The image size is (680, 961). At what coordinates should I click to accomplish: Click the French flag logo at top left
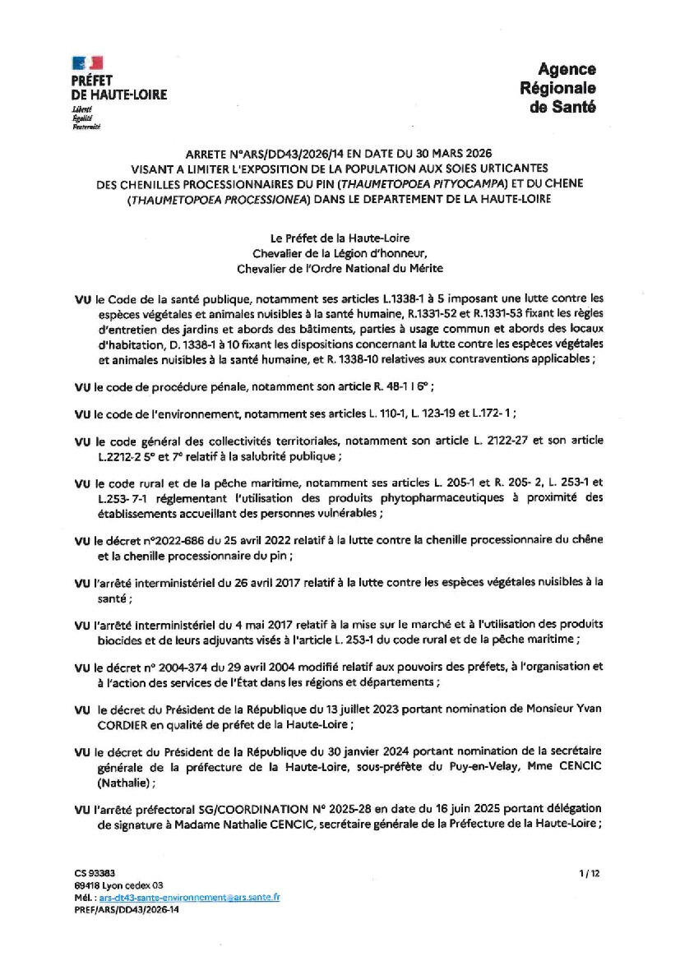pyautogui.click(x=87, y=62)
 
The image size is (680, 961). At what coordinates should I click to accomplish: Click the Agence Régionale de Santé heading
pyautogui.click(x=557, y=88)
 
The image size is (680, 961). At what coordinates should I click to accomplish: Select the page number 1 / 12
pyautogui.click(x=590, y=874)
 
